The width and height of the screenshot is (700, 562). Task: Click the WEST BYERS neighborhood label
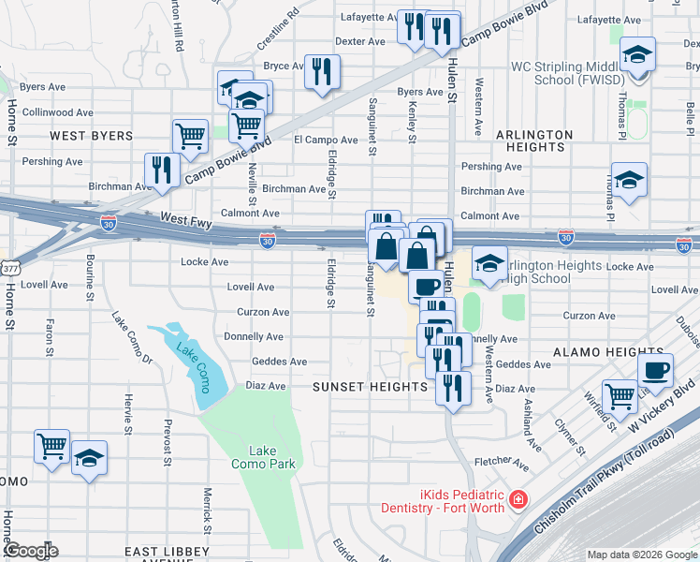(x=91, y=136)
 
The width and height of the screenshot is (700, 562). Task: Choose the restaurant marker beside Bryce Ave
(x=322, y=72)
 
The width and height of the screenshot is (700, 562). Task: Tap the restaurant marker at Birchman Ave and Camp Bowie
(x=162, y=171)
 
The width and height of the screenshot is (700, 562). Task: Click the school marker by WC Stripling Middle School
(x=637, y=56)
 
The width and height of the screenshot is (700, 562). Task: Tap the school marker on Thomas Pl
(x=630, y=180)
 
